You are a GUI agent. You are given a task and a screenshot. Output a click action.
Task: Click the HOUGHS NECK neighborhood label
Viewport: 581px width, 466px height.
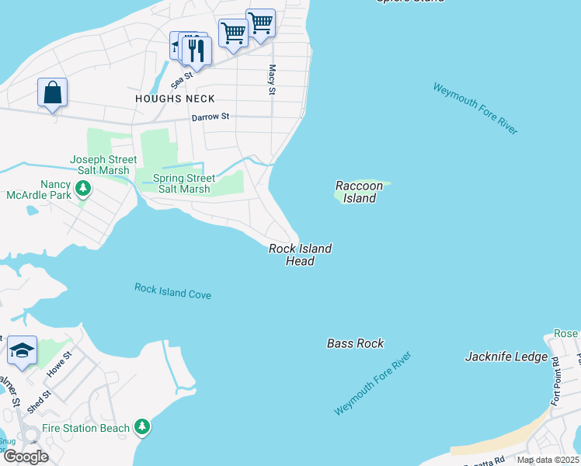pos(175,99)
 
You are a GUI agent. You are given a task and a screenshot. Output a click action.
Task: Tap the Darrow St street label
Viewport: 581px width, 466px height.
pos(210,117)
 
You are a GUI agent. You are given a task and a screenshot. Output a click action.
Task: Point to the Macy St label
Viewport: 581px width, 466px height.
pos(272,81)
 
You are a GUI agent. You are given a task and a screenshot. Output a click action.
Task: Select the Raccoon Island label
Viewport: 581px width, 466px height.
pos(360,192)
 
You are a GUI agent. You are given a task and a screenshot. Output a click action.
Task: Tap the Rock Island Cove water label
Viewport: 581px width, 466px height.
pos(172,290)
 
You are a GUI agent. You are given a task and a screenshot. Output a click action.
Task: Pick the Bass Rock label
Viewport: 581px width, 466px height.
pos(355,343)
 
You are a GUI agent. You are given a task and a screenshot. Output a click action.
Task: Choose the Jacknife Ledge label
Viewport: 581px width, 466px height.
pos(502,357)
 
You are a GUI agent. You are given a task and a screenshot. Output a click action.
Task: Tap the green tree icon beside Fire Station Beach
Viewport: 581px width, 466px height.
pos(141,426)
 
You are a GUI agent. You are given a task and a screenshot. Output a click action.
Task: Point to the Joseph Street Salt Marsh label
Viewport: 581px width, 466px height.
pos(103,165)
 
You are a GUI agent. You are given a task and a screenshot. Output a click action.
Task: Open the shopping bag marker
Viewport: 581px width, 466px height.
pos(52,92)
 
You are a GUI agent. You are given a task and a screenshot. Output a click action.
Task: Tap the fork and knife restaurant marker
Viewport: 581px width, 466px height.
pos(197,51)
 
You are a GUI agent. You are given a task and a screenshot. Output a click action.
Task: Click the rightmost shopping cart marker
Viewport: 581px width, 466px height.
pos(260,24)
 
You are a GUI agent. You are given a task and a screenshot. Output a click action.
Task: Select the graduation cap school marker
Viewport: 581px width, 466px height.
pos(22,352)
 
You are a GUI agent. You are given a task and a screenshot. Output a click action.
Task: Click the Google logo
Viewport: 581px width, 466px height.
pos(26,457)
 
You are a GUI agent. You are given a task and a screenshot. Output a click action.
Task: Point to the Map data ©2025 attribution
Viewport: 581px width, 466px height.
pos(547,460)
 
